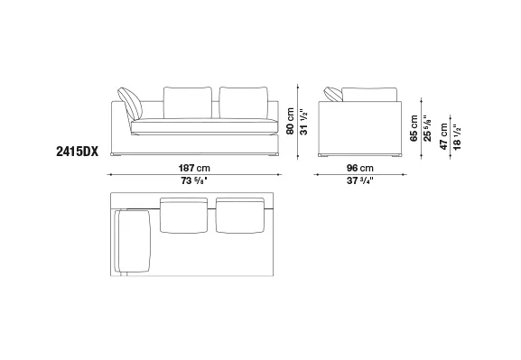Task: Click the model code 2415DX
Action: (77, 152)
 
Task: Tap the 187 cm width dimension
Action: (194, 168)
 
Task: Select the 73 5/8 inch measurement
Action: (194, 180)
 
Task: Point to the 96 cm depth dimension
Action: (360, 168)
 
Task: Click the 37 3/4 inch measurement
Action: (360, 180)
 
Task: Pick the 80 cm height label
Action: (290, 121)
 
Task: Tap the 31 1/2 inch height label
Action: (303, 122)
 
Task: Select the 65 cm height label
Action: (414, 128)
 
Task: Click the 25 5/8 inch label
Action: (427, 128)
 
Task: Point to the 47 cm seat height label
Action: (443, 136)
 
